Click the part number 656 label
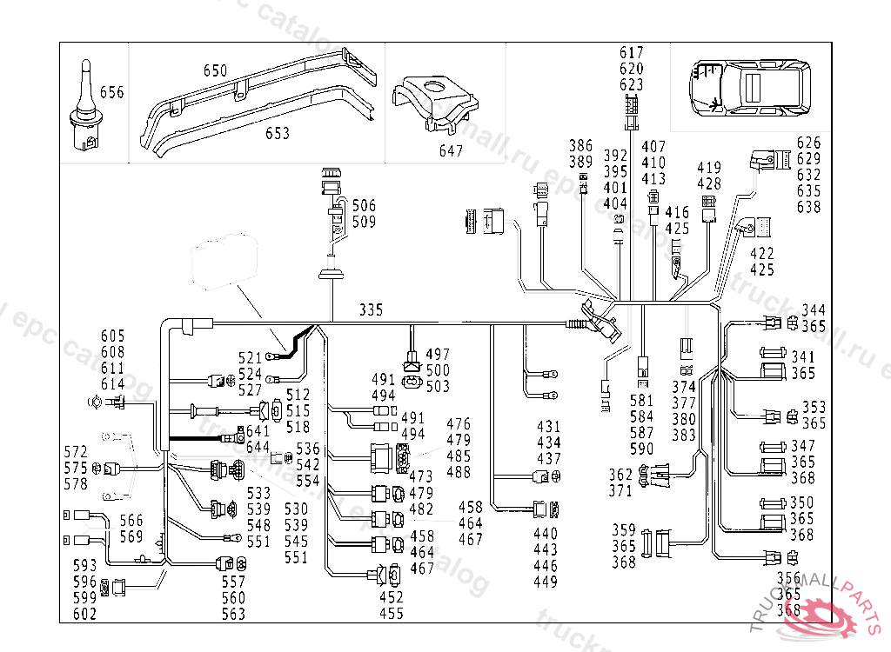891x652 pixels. [x=112, y=92]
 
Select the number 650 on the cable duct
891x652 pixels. [x=215, y=70]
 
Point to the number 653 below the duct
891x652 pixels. [x=277, y=134]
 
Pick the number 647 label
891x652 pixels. [x=451, y=151]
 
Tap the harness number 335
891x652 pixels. [x=372, y=309]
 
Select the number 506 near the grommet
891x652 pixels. [x=364, y=206]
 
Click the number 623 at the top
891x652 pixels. [x=632, y=84]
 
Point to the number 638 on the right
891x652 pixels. [x=808, y=207]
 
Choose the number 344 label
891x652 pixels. [x=814, y=309]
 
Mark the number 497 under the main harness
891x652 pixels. [x=438, y=355]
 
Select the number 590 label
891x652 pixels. [x=641, y=449]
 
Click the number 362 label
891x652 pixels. [x=620, y=475]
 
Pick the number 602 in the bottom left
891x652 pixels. [x=84, y=614]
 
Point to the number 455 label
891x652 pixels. [x=392, y=614]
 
